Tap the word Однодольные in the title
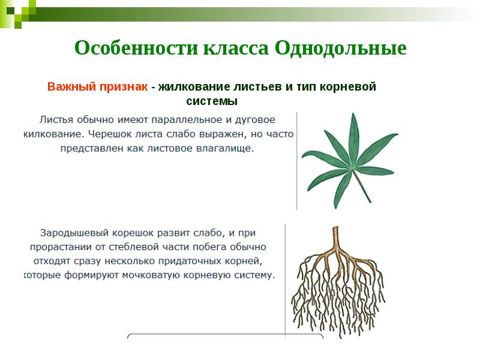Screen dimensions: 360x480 click(341, 47)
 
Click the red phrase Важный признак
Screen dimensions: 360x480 click(98, 86)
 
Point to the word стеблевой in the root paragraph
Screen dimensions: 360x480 click(130, 247)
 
